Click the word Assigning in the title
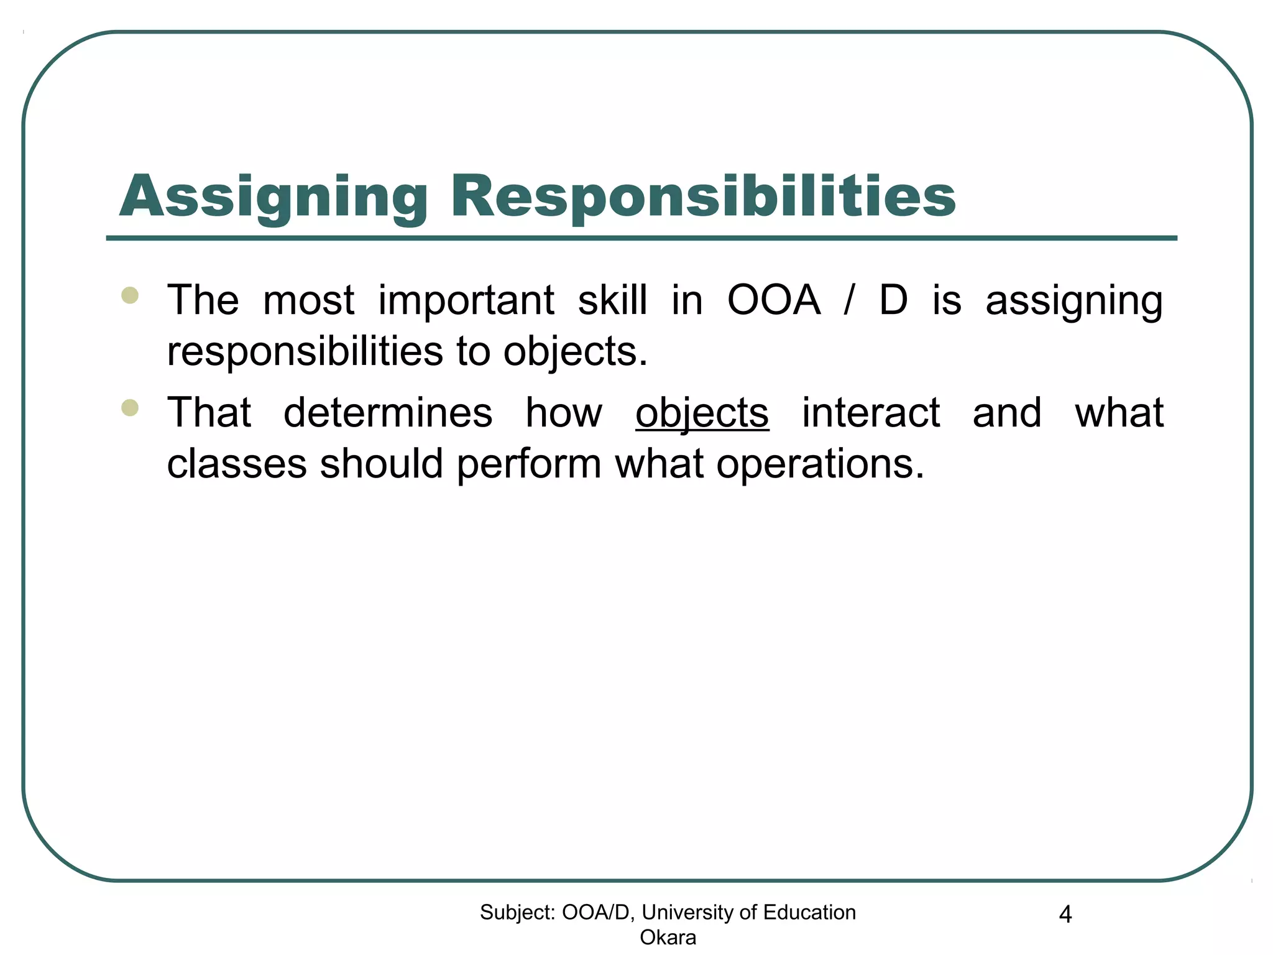(273, 197)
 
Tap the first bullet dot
(130, 295)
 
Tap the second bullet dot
(130, 408)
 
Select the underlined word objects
(702, 413)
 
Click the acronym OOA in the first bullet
(773, 300)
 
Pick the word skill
(612, 300)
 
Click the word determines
(388, 413)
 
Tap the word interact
(871, 413)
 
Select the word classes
(237, 464)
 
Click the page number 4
(1065, 915)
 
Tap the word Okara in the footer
(668, 937)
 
